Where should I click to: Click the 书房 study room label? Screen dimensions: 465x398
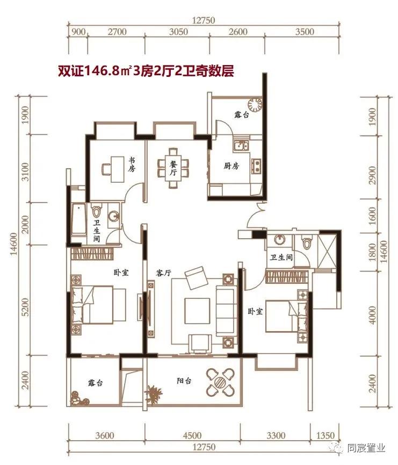point(132,164)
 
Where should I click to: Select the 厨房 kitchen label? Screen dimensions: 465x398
point(231,166)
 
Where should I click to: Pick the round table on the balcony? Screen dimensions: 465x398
point(220,382)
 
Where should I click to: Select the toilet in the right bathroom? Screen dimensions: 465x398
point(306,243)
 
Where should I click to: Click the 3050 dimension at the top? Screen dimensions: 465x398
point(178,32)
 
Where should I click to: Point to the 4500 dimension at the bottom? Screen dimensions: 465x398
point(192,435)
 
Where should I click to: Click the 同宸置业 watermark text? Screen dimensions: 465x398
point(366,447)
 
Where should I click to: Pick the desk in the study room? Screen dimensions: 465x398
point(113,167)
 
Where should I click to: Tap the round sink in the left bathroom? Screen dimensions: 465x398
point(113,216)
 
